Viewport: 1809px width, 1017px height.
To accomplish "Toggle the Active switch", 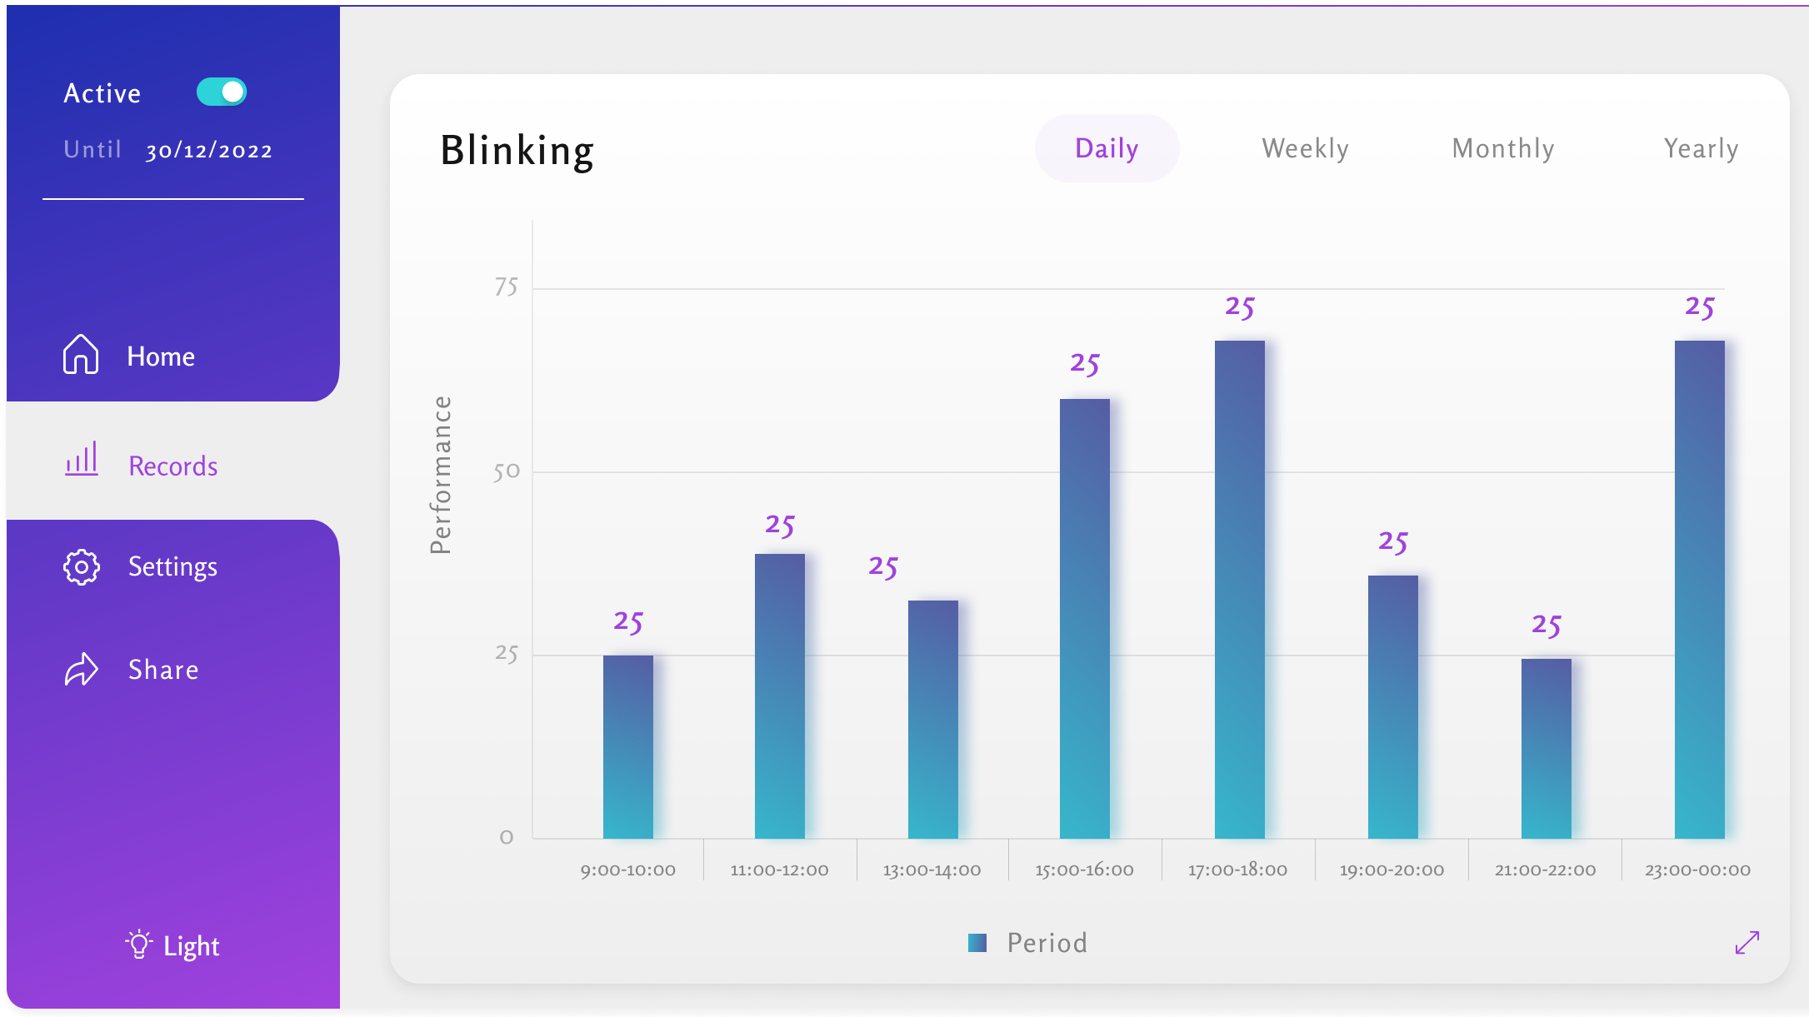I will (222, 92).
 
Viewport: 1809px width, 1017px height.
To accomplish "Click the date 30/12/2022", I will (209, 151).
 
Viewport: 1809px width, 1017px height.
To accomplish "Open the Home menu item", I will (161, 356).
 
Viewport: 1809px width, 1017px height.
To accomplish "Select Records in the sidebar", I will (172, 466).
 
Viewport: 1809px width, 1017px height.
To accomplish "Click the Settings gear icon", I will (82, 567).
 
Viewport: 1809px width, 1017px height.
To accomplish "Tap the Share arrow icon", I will (82, 670).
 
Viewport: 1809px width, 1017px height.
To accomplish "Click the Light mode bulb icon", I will (138, 945).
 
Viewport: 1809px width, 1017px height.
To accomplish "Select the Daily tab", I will (1107, 148).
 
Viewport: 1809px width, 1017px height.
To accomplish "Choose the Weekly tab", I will (1305, 148).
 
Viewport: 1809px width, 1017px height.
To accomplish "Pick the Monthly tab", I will (1503, 148).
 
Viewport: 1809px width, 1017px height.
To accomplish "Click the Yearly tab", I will (1701, 148).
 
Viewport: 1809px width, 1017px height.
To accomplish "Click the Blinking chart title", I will (517, 151).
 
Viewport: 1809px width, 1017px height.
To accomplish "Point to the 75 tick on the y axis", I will (506, 287).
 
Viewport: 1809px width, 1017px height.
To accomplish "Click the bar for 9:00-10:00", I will (627, 746).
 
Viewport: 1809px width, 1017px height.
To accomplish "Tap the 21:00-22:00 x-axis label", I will (1545, 870).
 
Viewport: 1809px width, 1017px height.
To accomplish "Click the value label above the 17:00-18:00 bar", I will (1239, 307).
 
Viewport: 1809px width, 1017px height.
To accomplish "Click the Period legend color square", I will (977, 943).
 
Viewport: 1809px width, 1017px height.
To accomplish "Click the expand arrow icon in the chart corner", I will (1747, 943).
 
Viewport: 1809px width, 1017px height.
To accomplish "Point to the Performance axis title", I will (440, 475).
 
